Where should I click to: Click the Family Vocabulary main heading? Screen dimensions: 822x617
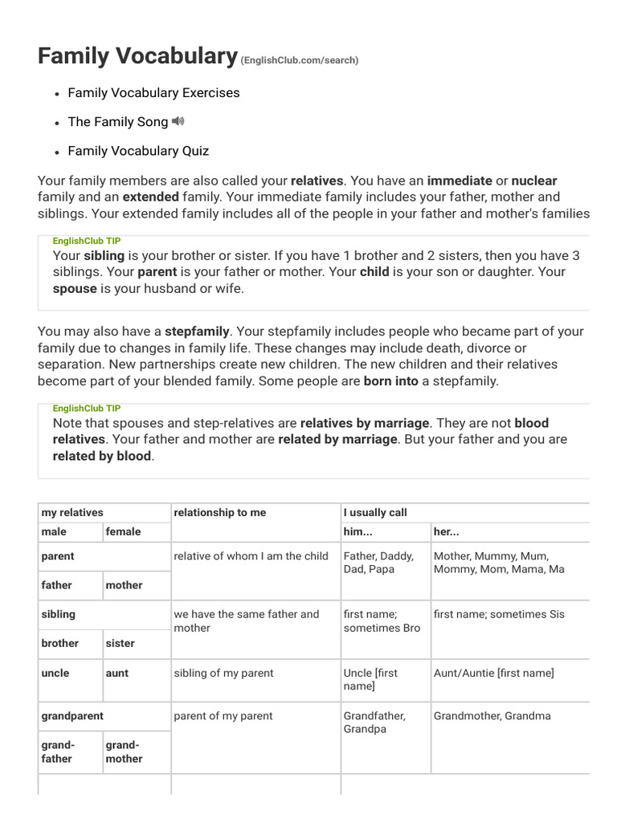click(137, 55)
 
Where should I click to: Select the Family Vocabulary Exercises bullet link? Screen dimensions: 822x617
click(153, 92)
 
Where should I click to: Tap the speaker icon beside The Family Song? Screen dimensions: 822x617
click(178, 121)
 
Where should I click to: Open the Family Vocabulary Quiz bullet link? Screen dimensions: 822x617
click(138, 150)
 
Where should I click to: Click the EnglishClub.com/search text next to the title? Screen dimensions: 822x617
click(300, 60)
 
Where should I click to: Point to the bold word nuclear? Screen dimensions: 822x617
click(533, 181)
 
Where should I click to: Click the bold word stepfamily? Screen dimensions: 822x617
click(197, 331)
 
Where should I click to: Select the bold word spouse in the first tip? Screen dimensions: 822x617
click(75, 288)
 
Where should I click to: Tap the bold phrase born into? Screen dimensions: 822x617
click(390, 381)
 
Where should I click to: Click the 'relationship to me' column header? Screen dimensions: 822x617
click(219, 512)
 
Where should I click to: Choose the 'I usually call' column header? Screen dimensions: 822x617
click(375, 512)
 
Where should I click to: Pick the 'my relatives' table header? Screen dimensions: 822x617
click(72, 512)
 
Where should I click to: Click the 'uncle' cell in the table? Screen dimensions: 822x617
click(55, 673)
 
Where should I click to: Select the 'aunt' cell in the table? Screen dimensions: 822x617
click(117, 673)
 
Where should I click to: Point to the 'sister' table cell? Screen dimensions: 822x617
click(121, 643)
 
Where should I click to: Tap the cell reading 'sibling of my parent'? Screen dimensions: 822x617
click(223, 673)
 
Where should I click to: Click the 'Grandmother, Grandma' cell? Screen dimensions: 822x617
click(492, 715)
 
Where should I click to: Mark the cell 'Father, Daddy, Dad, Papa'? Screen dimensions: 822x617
click(379, 562)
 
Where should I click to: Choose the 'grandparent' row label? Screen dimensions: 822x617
click(72, 715)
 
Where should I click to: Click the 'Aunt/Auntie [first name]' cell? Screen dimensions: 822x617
click(493, 673)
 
